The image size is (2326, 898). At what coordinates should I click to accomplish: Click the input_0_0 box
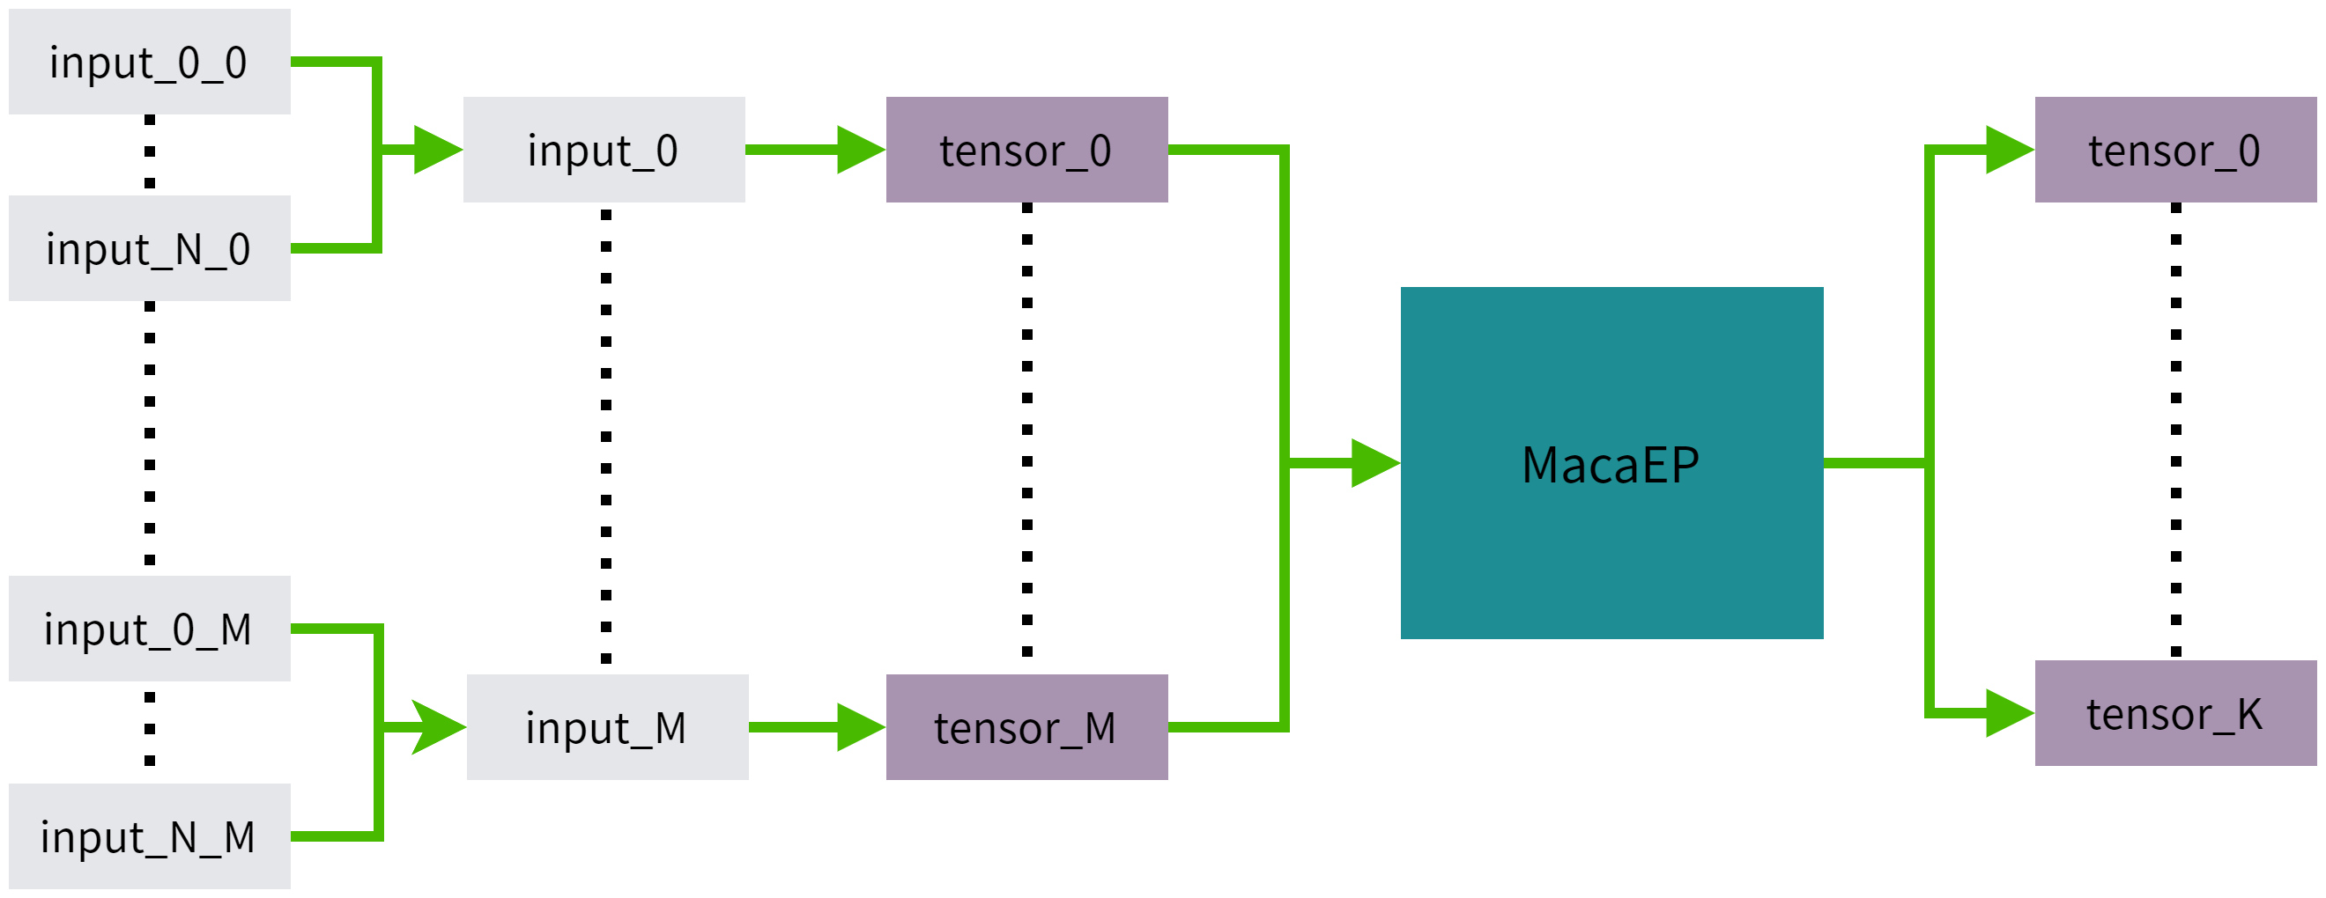(x=149, y=63)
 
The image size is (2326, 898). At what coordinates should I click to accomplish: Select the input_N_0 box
(x=149, y=248)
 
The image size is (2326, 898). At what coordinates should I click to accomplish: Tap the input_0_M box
(x=149, y=628)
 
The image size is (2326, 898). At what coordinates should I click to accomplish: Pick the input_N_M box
(x=149, y=835)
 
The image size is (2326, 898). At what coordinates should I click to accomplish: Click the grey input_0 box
(x=604, y=150)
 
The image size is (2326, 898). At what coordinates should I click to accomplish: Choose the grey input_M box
(x=607, y=726)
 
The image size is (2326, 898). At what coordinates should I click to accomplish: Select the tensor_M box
(x=1026, y=726)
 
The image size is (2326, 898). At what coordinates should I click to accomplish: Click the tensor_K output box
(x=2175, y=713)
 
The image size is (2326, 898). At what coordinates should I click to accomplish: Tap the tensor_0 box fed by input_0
(x=1026, y=150)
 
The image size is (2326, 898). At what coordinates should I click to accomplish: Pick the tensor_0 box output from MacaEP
(x=2175, y=150)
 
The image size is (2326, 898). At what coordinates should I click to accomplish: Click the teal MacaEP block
(x=1611, y=463)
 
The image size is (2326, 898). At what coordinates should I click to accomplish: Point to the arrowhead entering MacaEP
(x=1375, y=463)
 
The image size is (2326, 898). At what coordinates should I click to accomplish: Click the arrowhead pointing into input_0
(x=438, y=150)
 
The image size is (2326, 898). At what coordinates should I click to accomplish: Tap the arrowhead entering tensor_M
(x=861, y=726)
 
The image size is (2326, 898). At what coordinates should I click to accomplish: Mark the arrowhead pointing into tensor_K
(x=2009, y=713)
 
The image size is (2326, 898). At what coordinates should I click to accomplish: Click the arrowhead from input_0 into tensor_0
(x=861, y=150)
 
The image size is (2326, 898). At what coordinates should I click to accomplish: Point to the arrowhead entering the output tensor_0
(x=2009, y=150)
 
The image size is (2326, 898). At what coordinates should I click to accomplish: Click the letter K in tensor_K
(x=2249, y=714)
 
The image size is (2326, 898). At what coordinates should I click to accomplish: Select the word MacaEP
(x=1610, y=466)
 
